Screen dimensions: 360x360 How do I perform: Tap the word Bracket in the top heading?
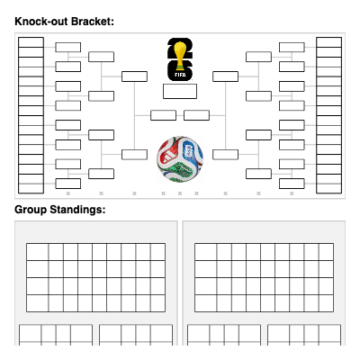pyautogui.click(x=93, y=22)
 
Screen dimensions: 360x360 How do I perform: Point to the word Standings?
pyautogui.click(x=77, y=210)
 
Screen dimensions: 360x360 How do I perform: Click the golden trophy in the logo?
pyautogui.click(x=180, y=57)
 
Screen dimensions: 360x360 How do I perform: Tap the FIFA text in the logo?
pyautogui.click(x=180, y=75)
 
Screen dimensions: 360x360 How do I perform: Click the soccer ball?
pyautogui.click(x=180, y=159)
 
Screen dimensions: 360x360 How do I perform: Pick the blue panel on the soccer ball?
pyautogui.click(x=191, y=150)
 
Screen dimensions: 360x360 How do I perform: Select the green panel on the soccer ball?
pyautogui.click(x=177, y=172)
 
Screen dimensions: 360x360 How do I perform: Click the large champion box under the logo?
pyautogui.click(x=180, y=91)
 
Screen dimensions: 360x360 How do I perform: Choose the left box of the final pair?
pyautogui.click(x=163, y=115)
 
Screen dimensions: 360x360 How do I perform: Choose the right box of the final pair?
pyautogui.click(x=196, y=115)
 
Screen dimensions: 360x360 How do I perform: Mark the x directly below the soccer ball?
pyautogui.click(x=180, y=193)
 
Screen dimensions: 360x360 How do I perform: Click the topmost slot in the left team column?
pyautogui.click(x=31, y=42)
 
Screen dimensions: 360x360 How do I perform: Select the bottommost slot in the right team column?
pyautogui.click(x=328, y=188)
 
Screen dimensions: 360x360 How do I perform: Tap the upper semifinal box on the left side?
pyautogui.click(x=134, y=76)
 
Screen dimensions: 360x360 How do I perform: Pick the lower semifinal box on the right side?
pyautogui.click(x=225, y=155)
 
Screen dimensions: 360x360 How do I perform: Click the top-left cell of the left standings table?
pyautogui.click(x=38, y=252)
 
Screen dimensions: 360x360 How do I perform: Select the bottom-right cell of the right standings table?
pyautogui.click(x=326, y=303)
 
